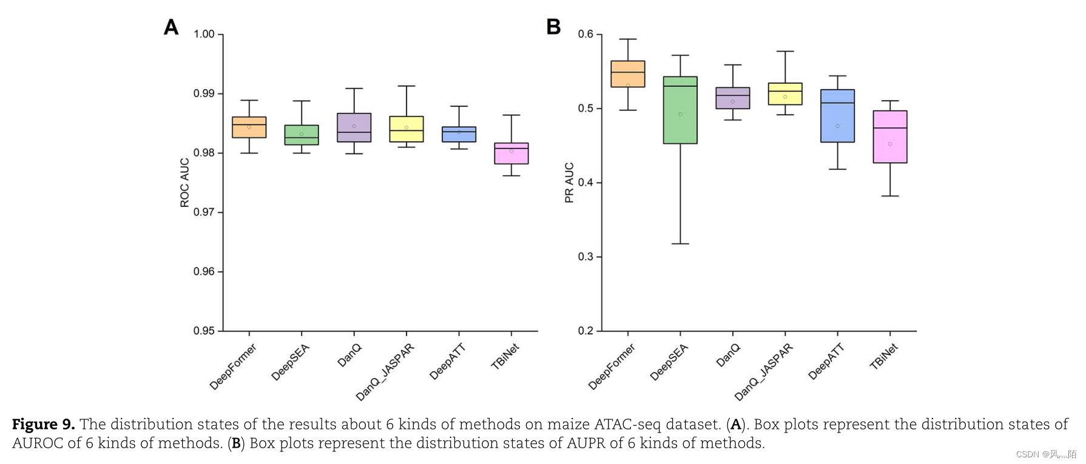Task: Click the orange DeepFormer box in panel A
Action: pos(249,127)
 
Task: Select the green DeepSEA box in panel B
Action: pos(680,110)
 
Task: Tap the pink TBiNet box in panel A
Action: pos(511,153)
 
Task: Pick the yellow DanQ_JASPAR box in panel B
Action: pos(785,94)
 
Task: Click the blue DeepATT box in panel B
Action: pos(837,116)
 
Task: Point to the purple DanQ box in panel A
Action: pos(354,127)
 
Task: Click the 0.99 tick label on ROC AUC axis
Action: pos(204,93)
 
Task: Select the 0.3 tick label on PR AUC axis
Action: pos(585,257)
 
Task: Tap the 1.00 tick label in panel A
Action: pos(204,34)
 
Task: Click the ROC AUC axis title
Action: pos(184,183)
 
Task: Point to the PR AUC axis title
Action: pos(569,183)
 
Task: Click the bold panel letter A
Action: pos(171,27)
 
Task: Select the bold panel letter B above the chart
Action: pos(553,27)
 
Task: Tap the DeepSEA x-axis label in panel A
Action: pos(291,362)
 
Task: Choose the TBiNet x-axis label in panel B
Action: pos(883,357)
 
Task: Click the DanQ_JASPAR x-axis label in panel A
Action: pos(385,372)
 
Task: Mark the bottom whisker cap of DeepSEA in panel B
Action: pos(680,244)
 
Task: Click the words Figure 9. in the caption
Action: pos(43,425)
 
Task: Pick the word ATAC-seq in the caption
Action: pos(627,425)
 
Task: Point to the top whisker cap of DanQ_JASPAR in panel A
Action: pos(406,86)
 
